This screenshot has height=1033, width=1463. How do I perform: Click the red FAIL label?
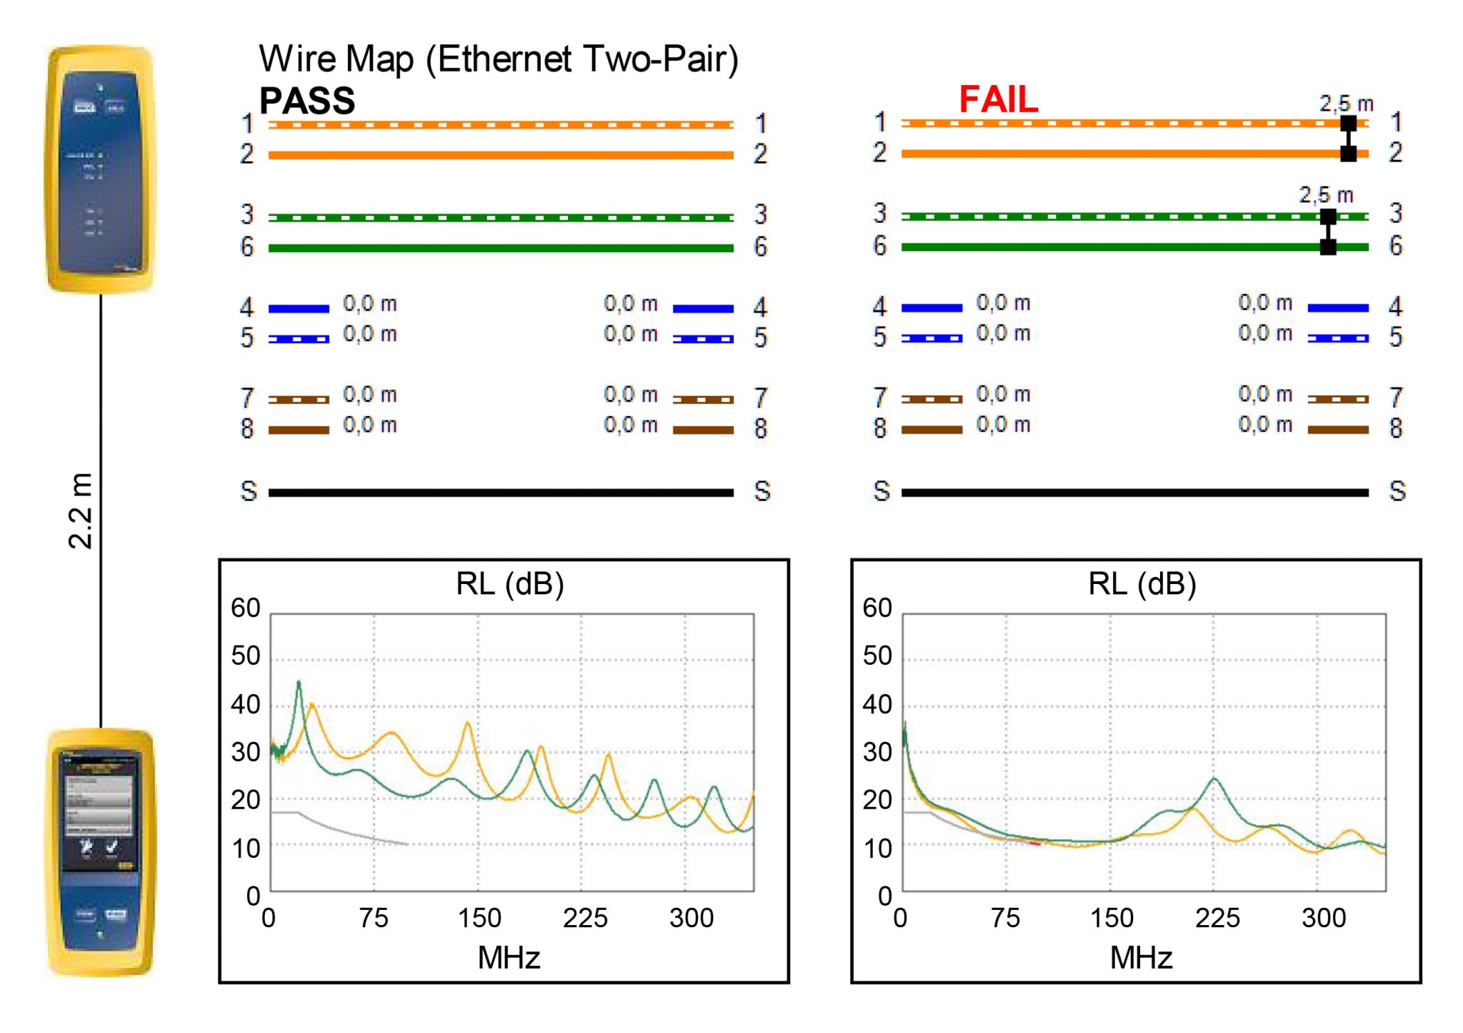pyautogui.click(x=998, y=99)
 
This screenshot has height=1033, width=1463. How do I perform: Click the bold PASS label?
pyautogui.click(x=307, y=101)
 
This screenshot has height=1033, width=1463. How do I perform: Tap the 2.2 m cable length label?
pyautogui.click(x=81, y=510)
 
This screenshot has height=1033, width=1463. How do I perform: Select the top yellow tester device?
pyautogui.click(x=101, y=169)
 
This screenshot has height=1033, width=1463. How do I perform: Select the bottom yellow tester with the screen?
pyautogui.click(x=101, y=852)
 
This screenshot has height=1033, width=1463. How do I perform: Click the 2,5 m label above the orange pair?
pyautogui.click(x=1346, y=104)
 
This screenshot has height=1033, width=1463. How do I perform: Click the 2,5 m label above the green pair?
pyautogui.click(x=1326, y=195)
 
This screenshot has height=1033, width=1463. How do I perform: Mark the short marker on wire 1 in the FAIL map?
pyautogui.click(x=1348, y=124)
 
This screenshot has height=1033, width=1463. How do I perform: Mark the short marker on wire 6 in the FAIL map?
pyautogui.click(x=1328, y=247)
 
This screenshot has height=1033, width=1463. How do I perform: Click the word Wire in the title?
pyautogui.click(x=299, y=59)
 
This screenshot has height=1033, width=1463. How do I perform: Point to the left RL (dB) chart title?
pyautogui.click(x=510, y=584)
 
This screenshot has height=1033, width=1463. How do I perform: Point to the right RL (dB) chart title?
pyautogui.click(x=1142, y=584)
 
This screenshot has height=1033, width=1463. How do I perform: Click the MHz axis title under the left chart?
pyautogui.click(x=509, y=957)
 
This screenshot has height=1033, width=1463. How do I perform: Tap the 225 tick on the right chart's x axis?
pyautogui.click(x=1217, y=918)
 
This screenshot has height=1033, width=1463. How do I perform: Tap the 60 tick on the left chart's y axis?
pyautogui.click(x=245, y=608)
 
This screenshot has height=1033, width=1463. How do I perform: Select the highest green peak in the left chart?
pyautogui.click(x=299, y=683)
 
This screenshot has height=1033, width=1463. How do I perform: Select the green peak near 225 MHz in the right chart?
pyautogui.click(x=1214, y=779)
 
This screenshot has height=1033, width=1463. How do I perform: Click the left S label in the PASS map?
pyautogui.click(x=248, y=491)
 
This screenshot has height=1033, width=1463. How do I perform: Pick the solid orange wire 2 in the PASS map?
pyautogui.click(x=500, y=155)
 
